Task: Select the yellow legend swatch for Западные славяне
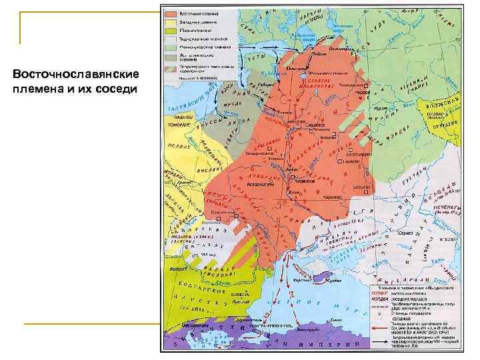point(171,22)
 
